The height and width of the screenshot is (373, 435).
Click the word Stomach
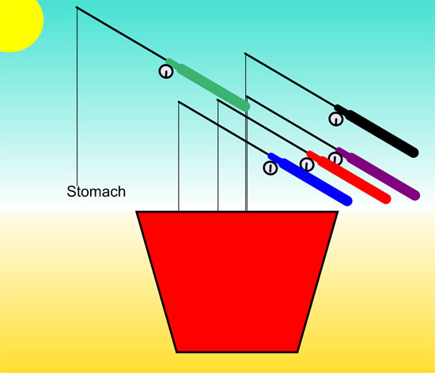[x=96, y=191]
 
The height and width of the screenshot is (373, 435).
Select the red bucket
[x=237, y=281]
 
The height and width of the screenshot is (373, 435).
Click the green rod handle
[x=208, y=85]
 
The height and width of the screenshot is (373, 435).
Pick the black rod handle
[x=376, y=131]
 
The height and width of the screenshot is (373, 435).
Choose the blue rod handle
[x=310, y=179]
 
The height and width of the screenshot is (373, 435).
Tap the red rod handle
[x=349, y=177]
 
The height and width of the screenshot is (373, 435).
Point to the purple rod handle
[x=378, y=174]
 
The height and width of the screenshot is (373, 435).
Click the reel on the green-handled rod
[x=166, y=71]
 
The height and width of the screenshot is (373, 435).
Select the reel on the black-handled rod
[x=336, y=119]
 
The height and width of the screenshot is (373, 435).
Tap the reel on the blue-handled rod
[x=270, y=168]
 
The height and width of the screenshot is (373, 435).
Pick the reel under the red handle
[x=307, y=164]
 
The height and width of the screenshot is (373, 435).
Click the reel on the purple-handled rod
[x=335, y=159]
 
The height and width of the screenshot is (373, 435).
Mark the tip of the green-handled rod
[x=77, y=7]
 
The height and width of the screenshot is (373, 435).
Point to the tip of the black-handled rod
[x=245, y=53]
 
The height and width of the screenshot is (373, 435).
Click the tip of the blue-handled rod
[x=179, y=102]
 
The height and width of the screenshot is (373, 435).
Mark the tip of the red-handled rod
[x=217, y=100]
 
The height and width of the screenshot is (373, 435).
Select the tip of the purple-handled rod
[x=247, y=96]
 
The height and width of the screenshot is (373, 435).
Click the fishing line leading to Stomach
[x=77, y=95]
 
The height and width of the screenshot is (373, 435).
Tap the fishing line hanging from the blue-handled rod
[x=179, y=156]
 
